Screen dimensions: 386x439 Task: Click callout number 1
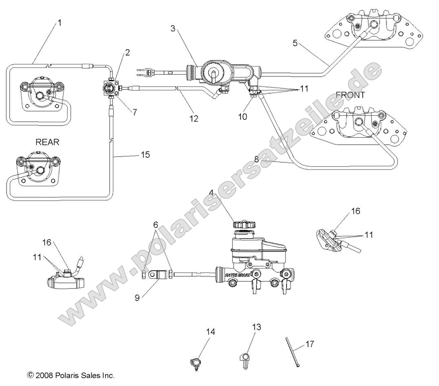click(x=60, y=23)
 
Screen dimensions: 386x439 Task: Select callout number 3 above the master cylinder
click(x=173, y=29)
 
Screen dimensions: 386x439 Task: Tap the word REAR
click(x=47, y=142)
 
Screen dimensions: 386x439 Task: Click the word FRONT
click(x=350, y=95)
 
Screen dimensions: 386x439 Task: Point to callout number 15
click(x=146, y=155)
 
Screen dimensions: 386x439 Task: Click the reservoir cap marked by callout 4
click(x=240, y=224)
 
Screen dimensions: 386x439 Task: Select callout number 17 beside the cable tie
click(x=310, y=344)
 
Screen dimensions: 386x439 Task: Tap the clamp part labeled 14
click(x=196, y=362)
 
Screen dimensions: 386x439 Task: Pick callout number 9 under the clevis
click(x=137, y=298)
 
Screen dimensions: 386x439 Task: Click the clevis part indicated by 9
click(x=157, y=275)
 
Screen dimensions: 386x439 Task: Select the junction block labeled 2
click(x=110, y=87)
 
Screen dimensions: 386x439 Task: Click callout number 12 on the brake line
click(x=194, y=119)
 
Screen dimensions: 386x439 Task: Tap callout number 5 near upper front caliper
click(x=295, y=43)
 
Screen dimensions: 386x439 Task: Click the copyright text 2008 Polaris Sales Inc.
click(x=71, y=375)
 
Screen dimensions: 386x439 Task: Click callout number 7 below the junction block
click(x=135, y=112)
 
